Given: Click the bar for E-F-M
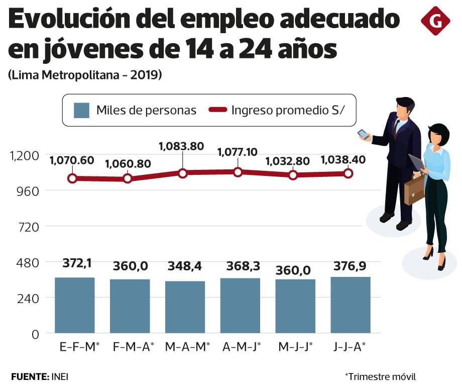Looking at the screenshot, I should pos(75,305).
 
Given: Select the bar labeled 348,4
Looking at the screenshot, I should pos(185,307).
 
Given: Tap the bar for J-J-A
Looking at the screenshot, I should pos(350,305).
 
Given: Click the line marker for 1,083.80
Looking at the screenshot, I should pos(182,173).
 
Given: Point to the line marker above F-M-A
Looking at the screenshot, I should pos(128,178).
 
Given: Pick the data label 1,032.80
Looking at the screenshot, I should pos(289,161).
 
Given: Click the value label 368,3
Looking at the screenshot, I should pos(240,266).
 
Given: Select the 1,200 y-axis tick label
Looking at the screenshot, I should pos(24,155).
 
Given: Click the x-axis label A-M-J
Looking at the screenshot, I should pos(240,347).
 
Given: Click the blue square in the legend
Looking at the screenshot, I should pos(81,111).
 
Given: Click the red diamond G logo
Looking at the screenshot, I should pos(435,21).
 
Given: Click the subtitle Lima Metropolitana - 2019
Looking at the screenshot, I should pos(84,75).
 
